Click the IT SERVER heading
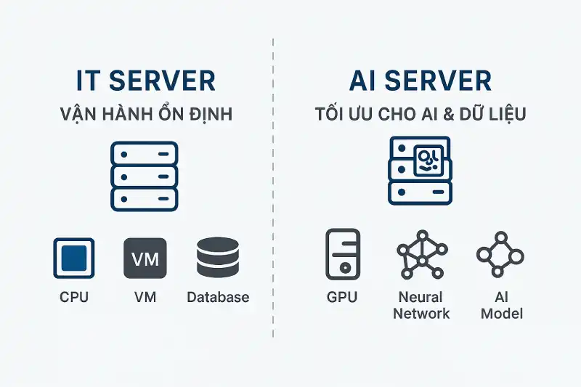(145, 81)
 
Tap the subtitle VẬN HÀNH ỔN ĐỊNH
(145, 115)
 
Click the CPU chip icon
(74, 258)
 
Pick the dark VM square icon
(145, 258)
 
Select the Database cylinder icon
(218, 258)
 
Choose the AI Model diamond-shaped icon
(500, 254)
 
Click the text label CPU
(74, 297)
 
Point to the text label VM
(145, 297)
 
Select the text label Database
(218, 297)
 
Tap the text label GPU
(343, 297)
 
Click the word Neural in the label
(421, 297)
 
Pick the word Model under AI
(500, 314)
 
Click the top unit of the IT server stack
(145, 154)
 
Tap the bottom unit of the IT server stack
(145, 197)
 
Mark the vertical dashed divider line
(273, 218)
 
